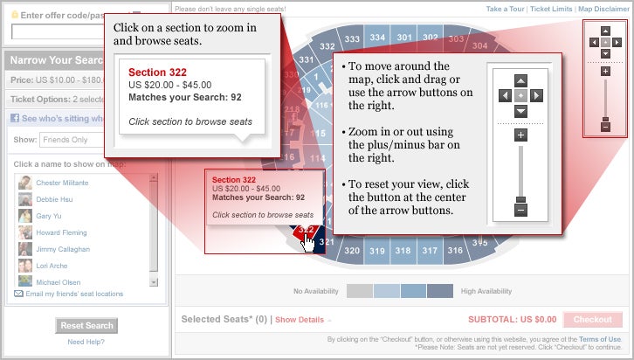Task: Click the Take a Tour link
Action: click(504, 9)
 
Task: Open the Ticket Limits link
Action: click(551, 9)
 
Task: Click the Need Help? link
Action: click(86, 342)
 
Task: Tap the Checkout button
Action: click(593, 320)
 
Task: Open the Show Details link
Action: click(303, 320)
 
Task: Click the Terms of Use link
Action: click(599, 339)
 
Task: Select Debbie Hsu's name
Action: click(55, 199)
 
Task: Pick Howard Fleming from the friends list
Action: click(62, 232)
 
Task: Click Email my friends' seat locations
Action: click(73, 294)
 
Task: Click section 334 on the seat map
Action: click(377, 38)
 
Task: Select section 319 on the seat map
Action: click(376, 251)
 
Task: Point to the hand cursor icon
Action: click(308, 242)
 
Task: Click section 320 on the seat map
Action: click(351, 251)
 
